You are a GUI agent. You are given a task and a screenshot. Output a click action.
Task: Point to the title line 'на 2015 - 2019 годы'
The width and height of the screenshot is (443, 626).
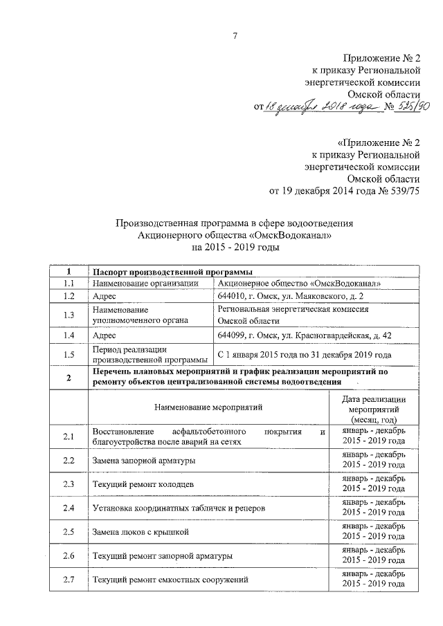(x=235, y=247)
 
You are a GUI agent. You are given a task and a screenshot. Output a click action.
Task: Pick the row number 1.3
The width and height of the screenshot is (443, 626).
(x=68, y=315)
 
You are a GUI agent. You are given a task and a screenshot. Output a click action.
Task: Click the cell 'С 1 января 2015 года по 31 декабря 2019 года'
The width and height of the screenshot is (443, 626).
(x=305, y=354)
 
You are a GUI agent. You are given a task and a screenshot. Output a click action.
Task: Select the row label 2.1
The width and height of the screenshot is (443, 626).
(x=68, y=436)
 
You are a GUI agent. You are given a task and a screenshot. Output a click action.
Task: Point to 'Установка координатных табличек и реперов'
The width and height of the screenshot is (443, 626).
(x=177, y=508)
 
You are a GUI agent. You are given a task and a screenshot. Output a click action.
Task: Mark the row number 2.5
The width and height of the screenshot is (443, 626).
(x=68, y=532)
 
